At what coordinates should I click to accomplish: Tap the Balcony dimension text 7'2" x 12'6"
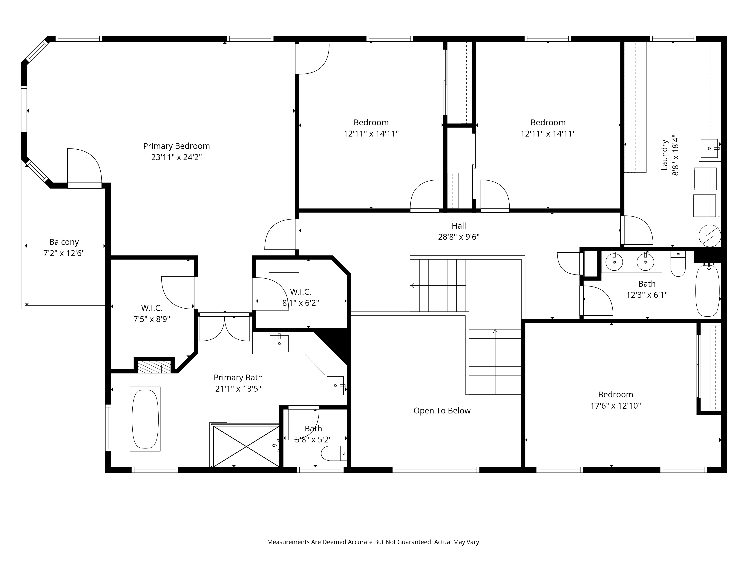[64, 253]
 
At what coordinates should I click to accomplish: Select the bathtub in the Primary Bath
[145, 419]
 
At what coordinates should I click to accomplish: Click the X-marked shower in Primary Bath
[246, 446]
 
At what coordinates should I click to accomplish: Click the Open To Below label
[442, 410]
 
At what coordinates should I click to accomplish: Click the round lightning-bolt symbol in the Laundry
[710, 236]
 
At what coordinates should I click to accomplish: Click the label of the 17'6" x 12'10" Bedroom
[615, 395]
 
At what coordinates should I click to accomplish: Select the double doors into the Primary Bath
[225, 328]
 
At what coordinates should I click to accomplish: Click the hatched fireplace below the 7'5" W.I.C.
[154, 367]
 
